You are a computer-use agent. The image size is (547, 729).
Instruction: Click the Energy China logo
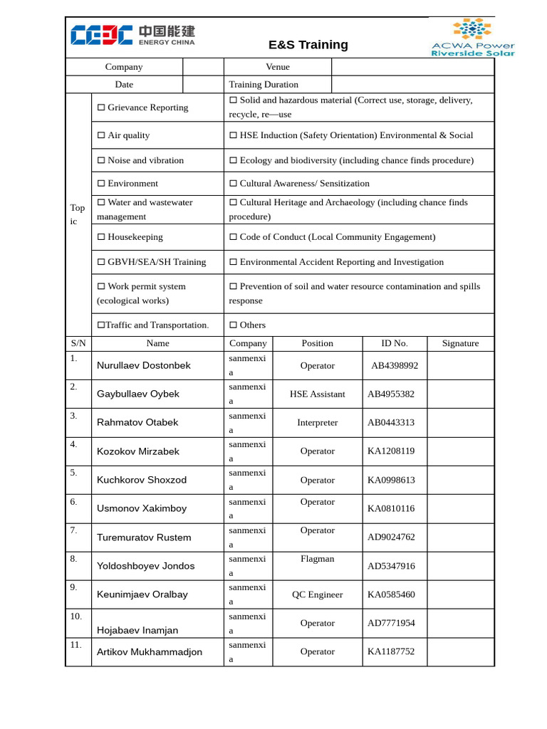(x=132, y=36)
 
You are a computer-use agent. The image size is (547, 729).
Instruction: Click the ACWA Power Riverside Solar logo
(x=472, y=38)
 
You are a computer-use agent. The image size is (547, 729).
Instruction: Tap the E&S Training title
(x=308, y=45)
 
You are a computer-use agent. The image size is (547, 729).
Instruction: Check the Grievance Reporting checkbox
(x=101, y=107)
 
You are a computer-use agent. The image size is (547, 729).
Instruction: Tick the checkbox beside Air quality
(x=101, y=135)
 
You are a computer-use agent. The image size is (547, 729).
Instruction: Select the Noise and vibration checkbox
(x=101, y=161)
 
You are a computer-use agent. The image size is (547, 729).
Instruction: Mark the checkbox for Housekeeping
(x=101, y=237)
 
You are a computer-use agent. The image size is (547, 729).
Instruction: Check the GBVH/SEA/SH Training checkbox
(x=101, y=262)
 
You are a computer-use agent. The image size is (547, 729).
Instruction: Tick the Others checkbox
(x=234, y=325)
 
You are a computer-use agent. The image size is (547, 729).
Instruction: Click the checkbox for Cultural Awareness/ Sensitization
(x=234, y=184)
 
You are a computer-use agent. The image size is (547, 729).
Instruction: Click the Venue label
(x=277, y=67)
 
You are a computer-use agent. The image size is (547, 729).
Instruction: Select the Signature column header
(x=460, y=343)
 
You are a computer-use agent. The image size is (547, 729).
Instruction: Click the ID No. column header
(x=395, y=343)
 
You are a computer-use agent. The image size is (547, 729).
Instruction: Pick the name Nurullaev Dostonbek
(x=144, y=365)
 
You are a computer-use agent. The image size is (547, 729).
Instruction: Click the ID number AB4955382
(x=391, y=394)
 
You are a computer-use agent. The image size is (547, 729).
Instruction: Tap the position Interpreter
(x=317, y=423)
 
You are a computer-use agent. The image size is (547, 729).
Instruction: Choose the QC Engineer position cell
(x=317, y=594)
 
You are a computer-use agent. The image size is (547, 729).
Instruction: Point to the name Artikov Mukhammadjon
(x=150, y=652)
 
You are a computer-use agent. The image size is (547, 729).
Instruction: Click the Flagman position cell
(x=317, y=559)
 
